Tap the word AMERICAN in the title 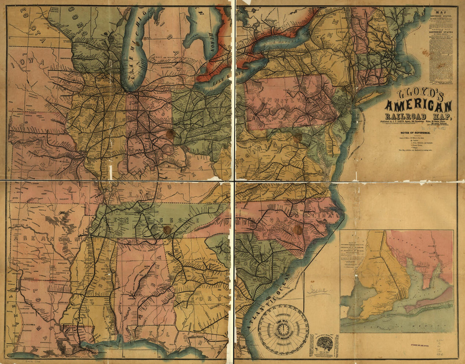click(418, 106)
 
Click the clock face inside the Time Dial click(284, 328)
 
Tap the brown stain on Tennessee click(167, 230)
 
